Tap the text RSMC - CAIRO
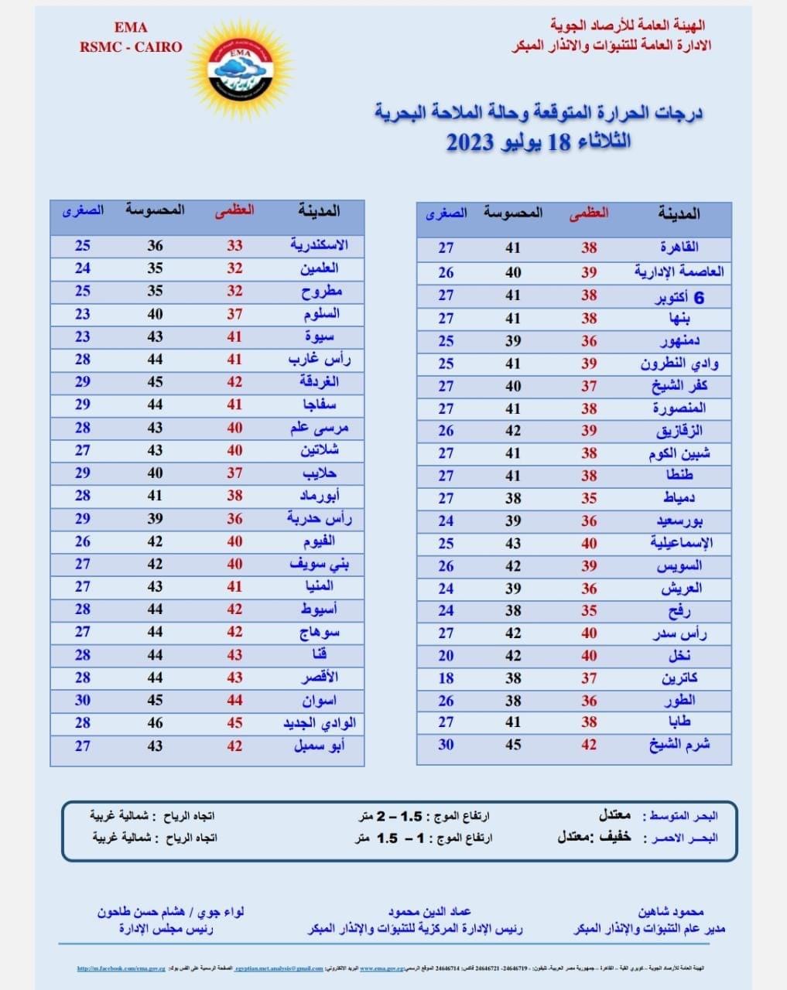tap(131, 47)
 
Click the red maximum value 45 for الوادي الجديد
tap(234, 723)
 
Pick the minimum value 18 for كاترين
tap(446, 678)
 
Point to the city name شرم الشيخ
tap(679, 745)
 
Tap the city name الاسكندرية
tap(319, 245)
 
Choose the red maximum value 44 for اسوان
tap(234, 701)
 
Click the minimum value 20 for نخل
tap(446, 656)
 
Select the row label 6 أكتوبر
tap(679, 297)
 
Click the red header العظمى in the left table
tap(234, 210)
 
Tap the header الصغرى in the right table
tap(447, 213)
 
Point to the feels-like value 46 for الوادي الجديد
tap(156, 723)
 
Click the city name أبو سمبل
tap(319, 746)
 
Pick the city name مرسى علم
tap(319, 428)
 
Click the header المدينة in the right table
tap(679, 213)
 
